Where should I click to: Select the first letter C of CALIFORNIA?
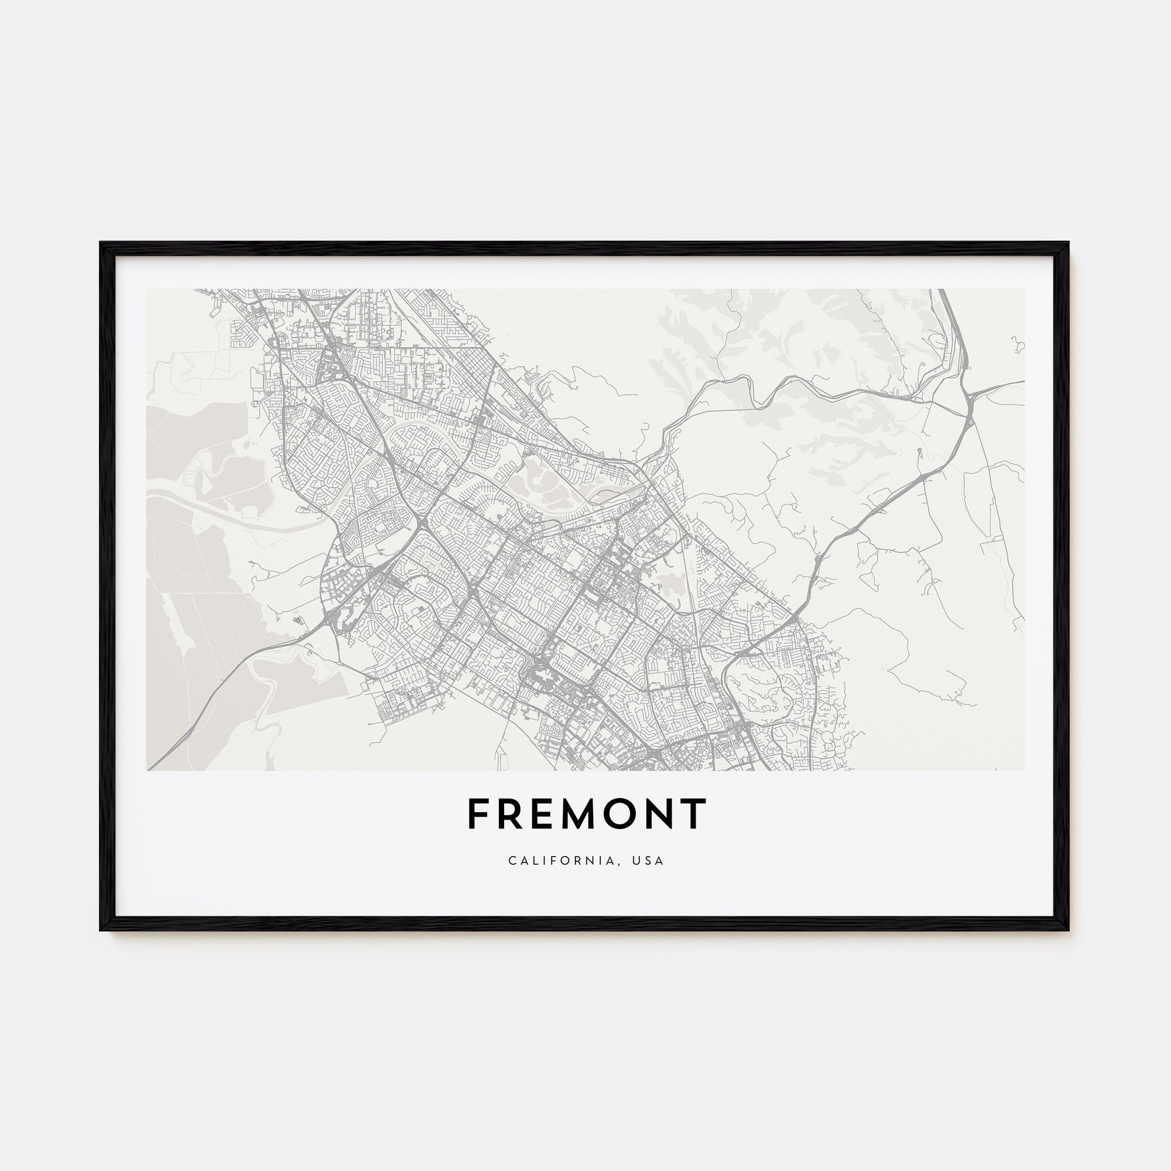coord(512,861)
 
